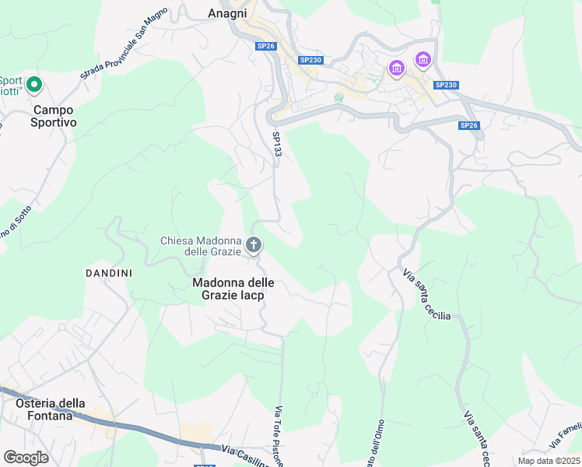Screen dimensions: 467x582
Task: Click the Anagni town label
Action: click(x=228, y=12)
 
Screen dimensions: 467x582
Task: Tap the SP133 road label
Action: click(x=276, y=144)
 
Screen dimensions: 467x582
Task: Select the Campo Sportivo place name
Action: click(x=54, y=116)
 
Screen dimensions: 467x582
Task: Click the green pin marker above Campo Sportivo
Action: click(x=33, y=83)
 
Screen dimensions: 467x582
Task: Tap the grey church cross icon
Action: click(x=254, y=246)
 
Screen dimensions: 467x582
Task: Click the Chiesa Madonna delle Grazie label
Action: click(x=201, y=245)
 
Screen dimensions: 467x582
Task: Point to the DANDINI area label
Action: click(x=108, y=273)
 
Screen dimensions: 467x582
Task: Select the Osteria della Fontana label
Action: click(x=51, y=409)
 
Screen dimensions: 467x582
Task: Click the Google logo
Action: click(x=26, y=458)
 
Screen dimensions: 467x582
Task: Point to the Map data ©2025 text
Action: click(x=548, y=461)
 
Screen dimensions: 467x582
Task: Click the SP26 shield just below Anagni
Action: click(x=266, y=46)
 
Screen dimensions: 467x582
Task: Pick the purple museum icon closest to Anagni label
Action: click(x=397, y=68)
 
